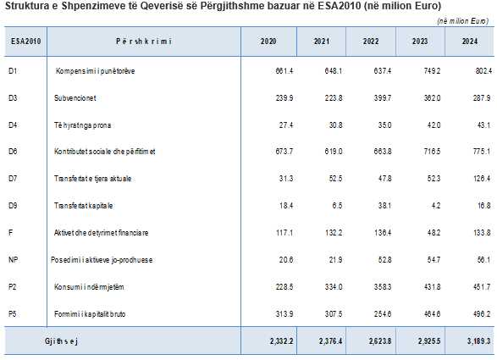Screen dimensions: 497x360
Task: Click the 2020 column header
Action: click(x=268, y=42)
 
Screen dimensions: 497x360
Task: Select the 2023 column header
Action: click(x=420, y=42)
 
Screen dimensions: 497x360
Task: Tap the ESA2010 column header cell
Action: click(x=25, y=42)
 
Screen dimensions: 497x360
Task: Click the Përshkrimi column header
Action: click(x=144, y=42)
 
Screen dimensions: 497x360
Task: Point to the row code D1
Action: click(x=13, y=71)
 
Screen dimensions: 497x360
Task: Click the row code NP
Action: click(x=14, y=260)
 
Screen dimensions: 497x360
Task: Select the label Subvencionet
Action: click(x=75, y=98)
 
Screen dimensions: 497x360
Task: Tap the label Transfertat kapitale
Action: click(x=83, y=206)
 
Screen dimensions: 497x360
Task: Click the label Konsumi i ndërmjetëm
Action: click(x=89, y=287)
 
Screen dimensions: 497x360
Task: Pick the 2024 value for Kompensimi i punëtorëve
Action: click(x=483, y=71)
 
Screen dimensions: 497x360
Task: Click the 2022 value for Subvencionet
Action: click(x=383, y=98)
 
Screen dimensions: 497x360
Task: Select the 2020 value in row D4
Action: click(x=286, y=125)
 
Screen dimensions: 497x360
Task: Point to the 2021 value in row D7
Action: click(x=335, y=179)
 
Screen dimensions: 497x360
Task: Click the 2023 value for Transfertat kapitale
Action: click(x=436, y=206)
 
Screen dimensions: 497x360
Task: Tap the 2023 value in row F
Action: click(x=433, y=233)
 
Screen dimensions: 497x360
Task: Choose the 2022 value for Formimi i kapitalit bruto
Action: click(x=383, y=314)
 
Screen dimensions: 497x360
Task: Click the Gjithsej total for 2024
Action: click(x=478, y=341)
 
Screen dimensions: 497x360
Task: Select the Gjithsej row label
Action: click(x=61, y=341)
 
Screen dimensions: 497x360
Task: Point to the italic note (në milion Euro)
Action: click(x=463, y=21)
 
